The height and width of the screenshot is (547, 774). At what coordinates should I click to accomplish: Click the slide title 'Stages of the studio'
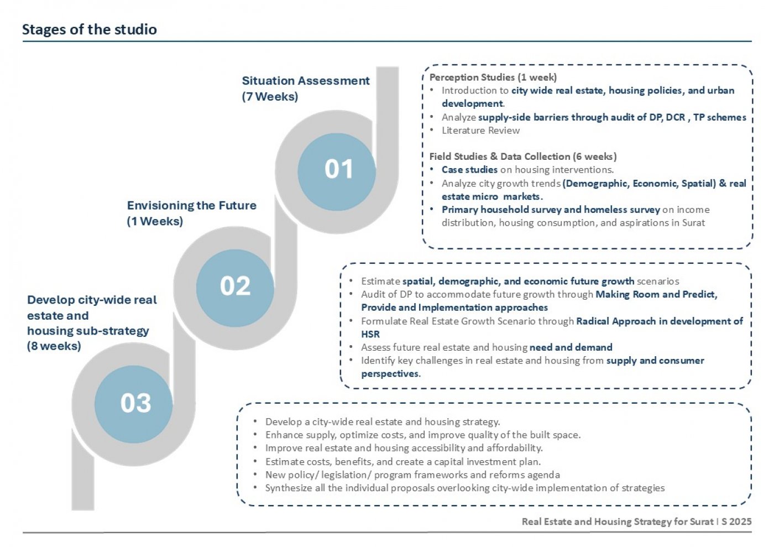point(90,29)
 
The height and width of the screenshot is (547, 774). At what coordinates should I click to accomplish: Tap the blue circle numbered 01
point(337,172)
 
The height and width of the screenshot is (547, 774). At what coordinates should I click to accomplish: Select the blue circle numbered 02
point(235,288)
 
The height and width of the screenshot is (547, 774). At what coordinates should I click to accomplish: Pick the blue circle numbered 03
point(134,404)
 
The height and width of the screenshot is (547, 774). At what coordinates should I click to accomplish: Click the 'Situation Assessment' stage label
point(306,81)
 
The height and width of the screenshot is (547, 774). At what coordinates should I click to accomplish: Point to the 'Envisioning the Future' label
point(192,205)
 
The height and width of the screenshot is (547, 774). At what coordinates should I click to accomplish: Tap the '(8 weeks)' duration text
point(54,346)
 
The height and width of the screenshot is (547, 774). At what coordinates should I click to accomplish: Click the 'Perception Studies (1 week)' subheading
point(493,77)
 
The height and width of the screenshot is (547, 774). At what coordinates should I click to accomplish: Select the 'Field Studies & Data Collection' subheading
point(500,157)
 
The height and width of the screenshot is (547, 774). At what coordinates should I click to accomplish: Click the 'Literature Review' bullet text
point(480,131)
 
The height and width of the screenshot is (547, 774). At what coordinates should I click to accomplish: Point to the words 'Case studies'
point(469,170)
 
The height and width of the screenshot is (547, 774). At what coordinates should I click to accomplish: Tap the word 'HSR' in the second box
point(370,335)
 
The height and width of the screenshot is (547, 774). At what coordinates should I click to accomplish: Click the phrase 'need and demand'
point(571,347)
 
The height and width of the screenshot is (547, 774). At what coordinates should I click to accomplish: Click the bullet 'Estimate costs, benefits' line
point(403,462)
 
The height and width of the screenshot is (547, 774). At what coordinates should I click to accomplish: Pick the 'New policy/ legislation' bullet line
point(412,475)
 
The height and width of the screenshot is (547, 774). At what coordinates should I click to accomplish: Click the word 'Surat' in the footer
point(702,522)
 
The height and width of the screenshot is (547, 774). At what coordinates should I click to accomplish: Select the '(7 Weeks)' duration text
point(270,96)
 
